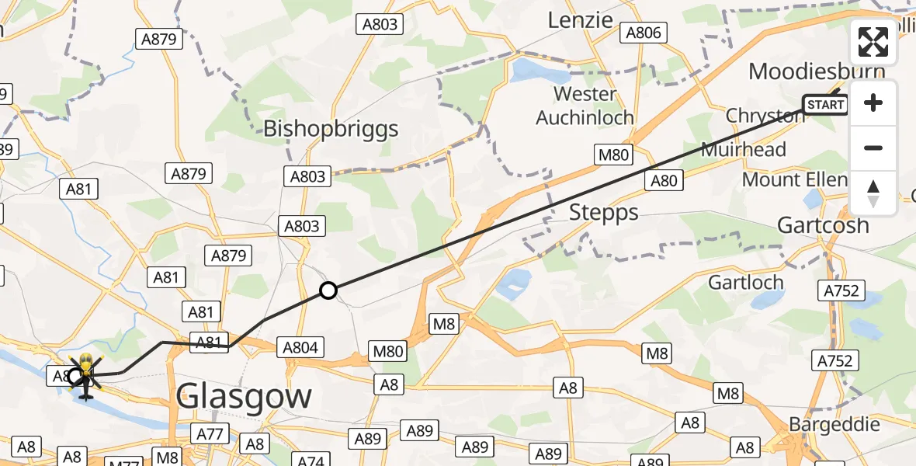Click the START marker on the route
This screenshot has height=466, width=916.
(x=825, y=105)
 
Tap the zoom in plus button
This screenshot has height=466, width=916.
(x=873, y=103)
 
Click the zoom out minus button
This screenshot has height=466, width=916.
(x=873, y=148)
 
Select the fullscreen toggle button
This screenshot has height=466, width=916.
(x=873, y=43)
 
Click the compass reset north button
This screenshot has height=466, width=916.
(x=873, y=193)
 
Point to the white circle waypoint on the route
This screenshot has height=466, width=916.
(x=328, y=291)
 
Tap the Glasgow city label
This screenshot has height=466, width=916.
(x=244, y=397)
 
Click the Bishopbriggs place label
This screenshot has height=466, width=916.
(x=331, y=128)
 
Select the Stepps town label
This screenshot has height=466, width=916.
(x=603, y=211)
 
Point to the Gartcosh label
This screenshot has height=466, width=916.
(x=823, y=225)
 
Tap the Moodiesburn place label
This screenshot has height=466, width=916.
(x=816, y=72)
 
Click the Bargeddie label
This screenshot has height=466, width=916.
(x=834, y=425)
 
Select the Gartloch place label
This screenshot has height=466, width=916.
(x=746, y=282)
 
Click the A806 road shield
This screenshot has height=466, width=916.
(x=644, y=33)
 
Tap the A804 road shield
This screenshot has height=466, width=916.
(x=300, y=348)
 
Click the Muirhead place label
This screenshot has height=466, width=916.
(x=743, y=149)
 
